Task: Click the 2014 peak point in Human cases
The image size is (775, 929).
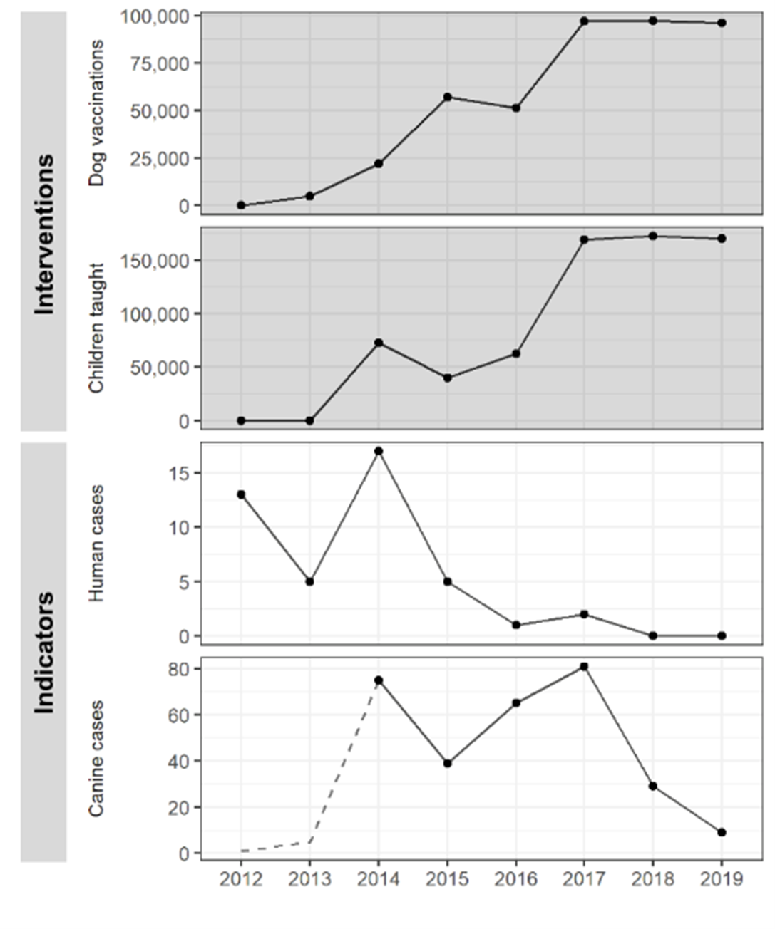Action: pyautogui.click(x=379, y=451)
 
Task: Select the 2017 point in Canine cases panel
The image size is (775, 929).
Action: pyautogui.click(x=584, y=666)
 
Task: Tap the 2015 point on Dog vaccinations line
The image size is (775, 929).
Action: pyautogui.click(x=447, y=97)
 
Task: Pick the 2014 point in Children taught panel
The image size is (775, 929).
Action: pyautogui.click(x=379, y=343)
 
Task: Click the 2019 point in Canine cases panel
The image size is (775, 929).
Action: pyautogui.click(x=722, y=832)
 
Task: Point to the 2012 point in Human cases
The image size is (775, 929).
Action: pyautogui.click(x=241, y=494)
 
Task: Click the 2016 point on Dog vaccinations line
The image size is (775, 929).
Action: pyautogui.click(x=515, y=108)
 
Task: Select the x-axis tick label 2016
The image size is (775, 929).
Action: pyautogui.click(x=515, y=879)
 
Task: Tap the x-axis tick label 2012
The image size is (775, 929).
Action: pyautogui.click(x=241, y=879)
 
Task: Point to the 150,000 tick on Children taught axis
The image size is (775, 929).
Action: pyautogui.click(x=155, y=261)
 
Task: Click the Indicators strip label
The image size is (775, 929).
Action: pyautogui.click(x=44, y=652)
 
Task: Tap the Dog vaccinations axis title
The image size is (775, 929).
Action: pyautogui.click(x=96, y=113)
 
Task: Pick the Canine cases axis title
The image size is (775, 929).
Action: pyautogui.click(x=96, y=758)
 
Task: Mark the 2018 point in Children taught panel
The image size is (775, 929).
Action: pyautogui.click(x=653, y=236)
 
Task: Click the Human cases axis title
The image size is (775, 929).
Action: pyautogui.click(x=96, y=543)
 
